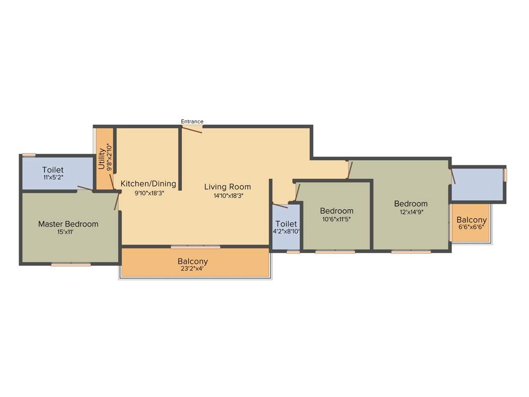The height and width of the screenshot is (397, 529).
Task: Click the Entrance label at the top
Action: coord(192,121)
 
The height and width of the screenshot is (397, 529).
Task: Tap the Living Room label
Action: coord(227,187)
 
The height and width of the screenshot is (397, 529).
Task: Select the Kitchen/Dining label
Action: coord(148,184)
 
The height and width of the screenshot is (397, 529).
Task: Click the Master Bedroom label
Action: coord(68,224)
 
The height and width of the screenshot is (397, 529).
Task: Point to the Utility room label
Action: coord(102,159)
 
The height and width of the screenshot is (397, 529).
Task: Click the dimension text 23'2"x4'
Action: coord(193,269)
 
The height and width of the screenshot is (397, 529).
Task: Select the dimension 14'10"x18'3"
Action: coord(228,196)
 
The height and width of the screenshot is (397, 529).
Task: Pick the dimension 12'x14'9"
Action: coord(411,212)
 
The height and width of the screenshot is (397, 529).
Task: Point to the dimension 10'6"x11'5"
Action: coord(337,219)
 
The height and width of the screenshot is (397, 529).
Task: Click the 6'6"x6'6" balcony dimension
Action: coord(471,227)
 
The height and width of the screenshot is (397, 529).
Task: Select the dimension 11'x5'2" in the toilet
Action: coord(53,177)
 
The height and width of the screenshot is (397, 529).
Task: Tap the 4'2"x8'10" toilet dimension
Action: coord(286,232)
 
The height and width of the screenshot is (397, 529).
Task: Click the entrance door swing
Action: coord(192,129)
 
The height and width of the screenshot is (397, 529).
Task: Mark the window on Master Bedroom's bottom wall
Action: coord(71,265)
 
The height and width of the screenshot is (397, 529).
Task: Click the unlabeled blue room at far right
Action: coord(477,184)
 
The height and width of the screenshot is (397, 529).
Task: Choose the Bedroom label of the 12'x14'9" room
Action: coord(411,204)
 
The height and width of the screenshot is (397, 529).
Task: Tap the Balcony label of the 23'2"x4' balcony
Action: coord(193,261)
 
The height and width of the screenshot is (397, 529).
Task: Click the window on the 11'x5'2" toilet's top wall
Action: coord(29,155)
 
